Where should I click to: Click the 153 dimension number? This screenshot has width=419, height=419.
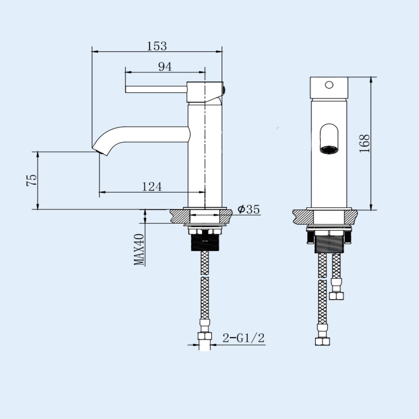coord(157,46)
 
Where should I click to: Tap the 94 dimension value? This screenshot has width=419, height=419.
coord(165,67)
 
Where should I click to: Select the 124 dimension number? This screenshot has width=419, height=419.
coord(152,187)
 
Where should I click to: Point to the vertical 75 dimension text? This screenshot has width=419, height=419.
coord(32,180)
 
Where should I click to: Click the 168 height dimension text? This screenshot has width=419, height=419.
coord(364,144)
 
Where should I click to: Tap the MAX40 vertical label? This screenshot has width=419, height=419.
coord(139,249)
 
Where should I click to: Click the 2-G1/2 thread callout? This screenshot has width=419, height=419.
coord(243,338)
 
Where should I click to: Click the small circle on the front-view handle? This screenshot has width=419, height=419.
coord(329,85)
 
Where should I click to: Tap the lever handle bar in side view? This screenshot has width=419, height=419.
coord(156,89)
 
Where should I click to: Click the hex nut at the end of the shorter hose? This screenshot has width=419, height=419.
coord(336,296)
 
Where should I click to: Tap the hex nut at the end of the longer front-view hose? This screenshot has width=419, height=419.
coord(322,341)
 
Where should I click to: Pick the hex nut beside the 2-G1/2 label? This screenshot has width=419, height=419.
coord(205,336)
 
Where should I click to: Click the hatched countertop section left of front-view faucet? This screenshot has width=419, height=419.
coord(303,217)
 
